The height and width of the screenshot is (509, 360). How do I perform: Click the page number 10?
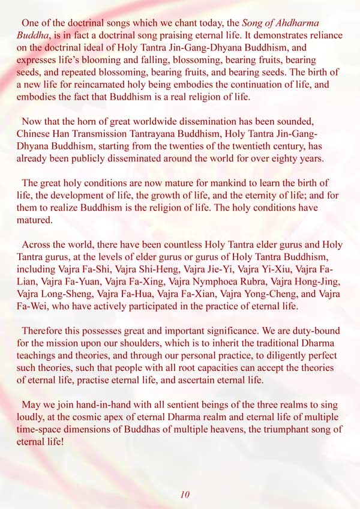(x=185, y=494)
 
